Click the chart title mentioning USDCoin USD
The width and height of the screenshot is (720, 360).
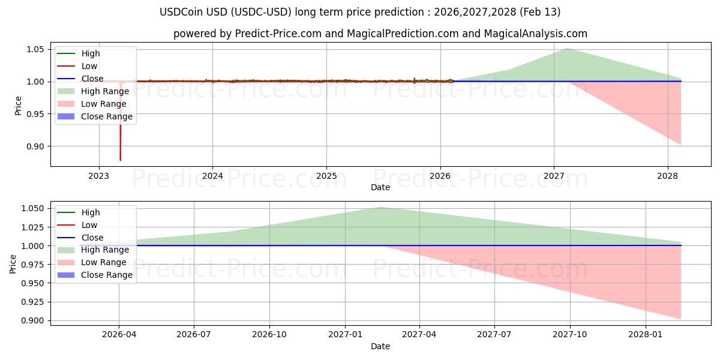point(360,12)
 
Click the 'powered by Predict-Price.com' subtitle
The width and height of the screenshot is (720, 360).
point(380,34)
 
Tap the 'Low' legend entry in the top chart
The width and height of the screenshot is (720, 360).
point(89,66)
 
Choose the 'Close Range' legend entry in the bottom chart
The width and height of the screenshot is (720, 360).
point(107,275)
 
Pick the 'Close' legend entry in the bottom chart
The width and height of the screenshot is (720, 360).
point(92,238)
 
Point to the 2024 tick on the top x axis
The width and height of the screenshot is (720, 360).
point(212,176)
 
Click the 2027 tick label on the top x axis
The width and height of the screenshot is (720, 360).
point(554,176)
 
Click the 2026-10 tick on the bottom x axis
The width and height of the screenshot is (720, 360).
point(269,335)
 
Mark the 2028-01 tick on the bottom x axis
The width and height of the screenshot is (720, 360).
point(646,335)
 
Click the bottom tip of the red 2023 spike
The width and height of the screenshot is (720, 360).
point(120,160)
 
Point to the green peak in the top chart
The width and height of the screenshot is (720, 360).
point(567,48)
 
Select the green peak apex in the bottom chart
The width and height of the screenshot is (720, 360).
point(380,207)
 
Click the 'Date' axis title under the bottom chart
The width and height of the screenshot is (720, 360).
point(380,346)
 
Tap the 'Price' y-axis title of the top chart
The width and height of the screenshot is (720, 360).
point(18,106)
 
